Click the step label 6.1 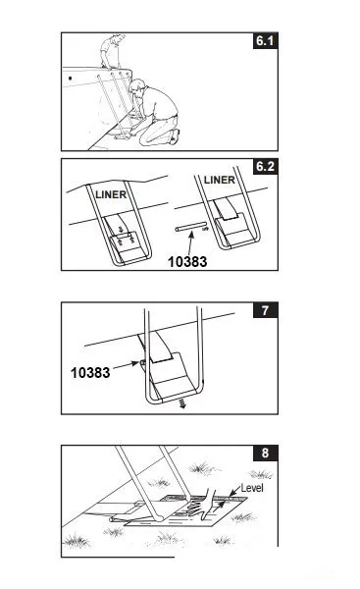point(266,40)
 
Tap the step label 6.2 point(266,167)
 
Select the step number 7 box point(266,310)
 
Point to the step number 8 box point(266,453)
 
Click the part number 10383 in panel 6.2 point(187,262)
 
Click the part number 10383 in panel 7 point(90,373)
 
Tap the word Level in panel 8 point(252,488)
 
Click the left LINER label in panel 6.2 point(111,194)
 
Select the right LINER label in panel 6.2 point(219,180)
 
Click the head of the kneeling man point(136,87)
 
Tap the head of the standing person point(118,38)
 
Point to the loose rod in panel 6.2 point(190,227)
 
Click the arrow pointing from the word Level point(234,492)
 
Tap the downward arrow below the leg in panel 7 point(182,403)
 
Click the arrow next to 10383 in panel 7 point(126,365)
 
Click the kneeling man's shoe point(175,136)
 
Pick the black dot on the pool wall point(71,79)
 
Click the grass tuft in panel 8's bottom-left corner point(77,541)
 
